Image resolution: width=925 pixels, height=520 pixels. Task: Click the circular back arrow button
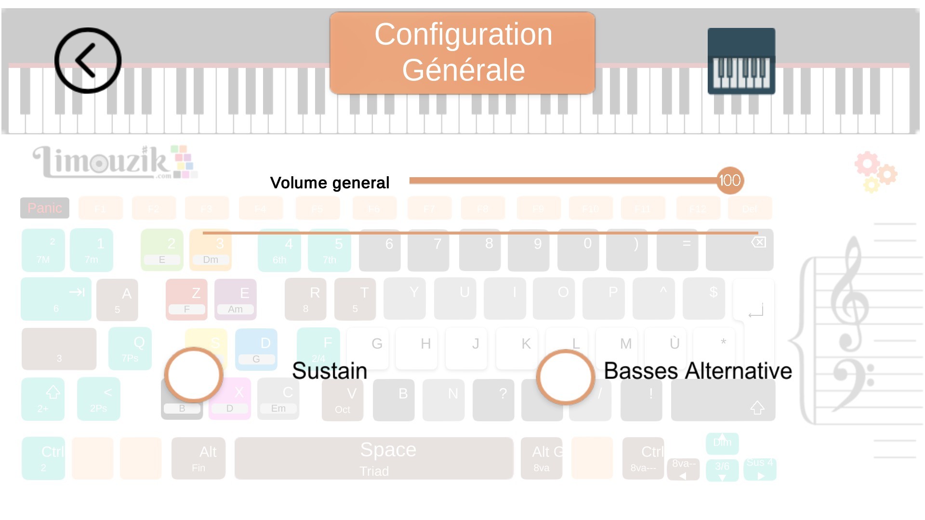(88, 61)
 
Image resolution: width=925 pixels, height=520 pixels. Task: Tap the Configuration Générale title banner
(462, 53)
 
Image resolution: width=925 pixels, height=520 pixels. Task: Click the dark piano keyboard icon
(741, 61)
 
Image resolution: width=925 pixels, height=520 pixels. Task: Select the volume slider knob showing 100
(730, 181)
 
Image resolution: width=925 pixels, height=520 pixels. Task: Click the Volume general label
(330, 183)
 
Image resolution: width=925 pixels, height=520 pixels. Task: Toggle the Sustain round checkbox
(194, 375)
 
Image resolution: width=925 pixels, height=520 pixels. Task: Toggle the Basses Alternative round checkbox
(566, 377)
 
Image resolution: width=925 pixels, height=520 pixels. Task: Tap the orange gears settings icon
(875, 172)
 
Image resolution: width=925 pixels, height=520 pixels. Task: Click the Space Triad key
(374, 458)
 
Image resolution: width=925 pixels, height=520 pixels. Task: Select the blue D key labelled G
(256, 350)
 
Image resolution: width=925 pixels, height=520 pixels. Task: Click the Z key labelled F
(186, 299)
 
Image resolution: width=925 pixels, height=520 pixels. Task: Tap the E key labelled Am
(236, 299)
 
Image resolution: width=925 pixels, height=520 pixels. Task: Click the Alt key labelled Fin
(198, 458)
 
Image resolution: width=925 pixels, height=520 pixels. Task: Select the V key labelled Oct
(343, 400)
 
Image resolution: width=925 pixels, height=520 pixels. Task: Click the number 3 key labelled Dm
(211, 250)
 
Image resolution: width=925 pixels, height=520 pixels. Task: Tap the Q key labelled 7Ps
(130, 349)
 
